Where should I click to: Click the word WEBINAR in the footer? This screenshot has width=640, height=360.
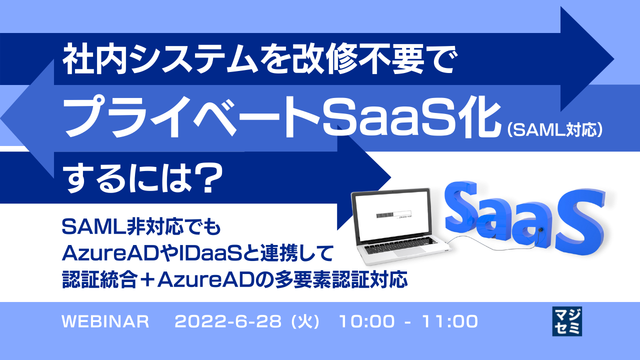pyautogui.click(x=105, y=321)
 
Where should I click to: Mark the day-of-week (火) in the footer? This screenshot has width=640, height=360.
pyautogui.click(x=305, y=321)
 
